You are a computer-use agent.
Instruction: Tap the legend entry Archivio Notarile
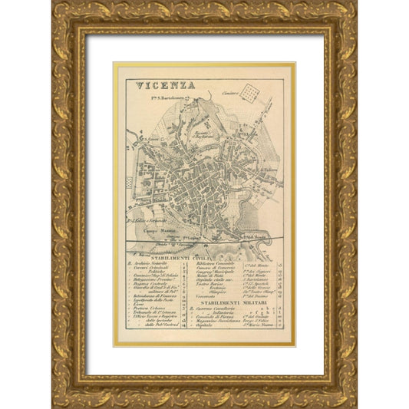[x=149, y=264]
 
